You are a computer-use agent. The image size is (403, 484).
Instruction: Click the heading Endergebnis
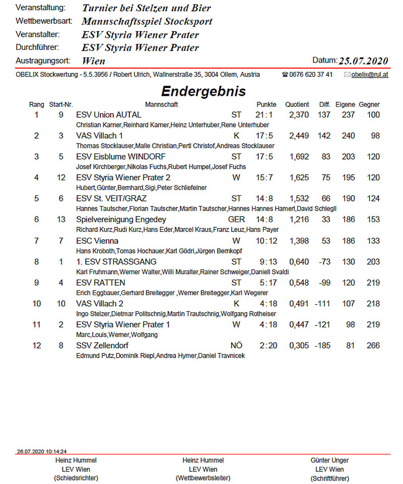[203, 91]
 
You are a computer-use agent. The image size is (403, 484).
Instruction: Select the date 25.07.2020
[363, 61]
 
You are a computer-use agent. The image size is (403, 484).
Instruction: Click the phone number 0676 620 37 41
[311, 75]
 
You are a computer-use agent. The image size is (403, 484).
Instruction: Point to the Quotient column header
[297, 105]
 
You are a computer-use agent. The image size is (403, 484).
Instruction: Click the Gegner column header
[369, 105]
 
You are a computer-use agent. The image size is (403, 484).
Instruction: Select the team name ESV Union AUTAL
[109, 115]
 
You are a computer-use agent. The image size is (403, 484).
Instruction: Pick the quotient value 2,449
[299, 136]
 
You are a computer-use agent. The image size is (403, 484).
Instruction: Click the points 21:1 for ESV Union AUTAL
[264, 115]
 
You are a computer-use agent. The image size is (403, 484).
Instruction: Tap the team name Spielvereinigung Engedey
[121, 220]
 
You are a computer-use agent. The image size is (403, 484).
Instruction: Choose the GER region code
[236, 220]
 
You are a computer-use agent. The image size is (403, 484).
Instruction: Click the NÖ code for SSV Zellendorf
[236, 345]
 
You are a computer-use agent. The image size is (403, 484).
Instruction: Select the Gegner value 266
[373, 345]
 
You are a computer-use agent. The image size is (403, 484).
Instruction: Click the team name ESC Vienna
[97, 241]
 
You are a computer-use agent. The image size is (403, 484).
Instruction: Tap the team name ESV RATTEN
[100, 283]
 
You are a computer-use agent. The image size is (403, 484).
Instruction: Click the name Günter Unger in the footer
[329, 460]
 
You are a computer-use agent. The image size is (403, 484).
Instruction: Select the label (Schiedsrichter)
[76, 478]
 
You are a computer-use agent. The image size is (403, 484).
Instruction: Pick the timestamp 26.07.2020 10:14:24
[42, 451]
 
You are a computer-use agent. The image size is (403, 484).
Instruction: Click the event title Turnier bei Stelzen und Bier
[146, 8]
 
